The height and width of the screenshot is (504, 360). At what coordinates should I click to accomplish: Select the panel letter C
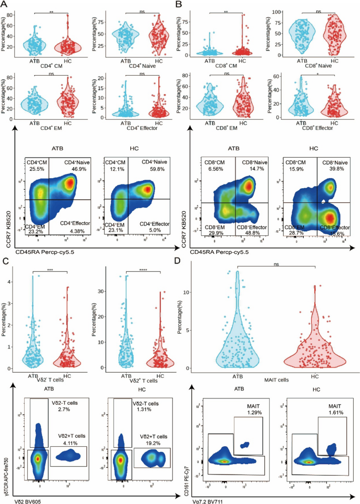pyautogui.click(x=4, y=261)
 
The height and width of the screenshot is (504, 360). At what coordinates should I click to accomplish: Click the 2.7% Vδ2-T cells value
pyautogui.click(x=61, y=408)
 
